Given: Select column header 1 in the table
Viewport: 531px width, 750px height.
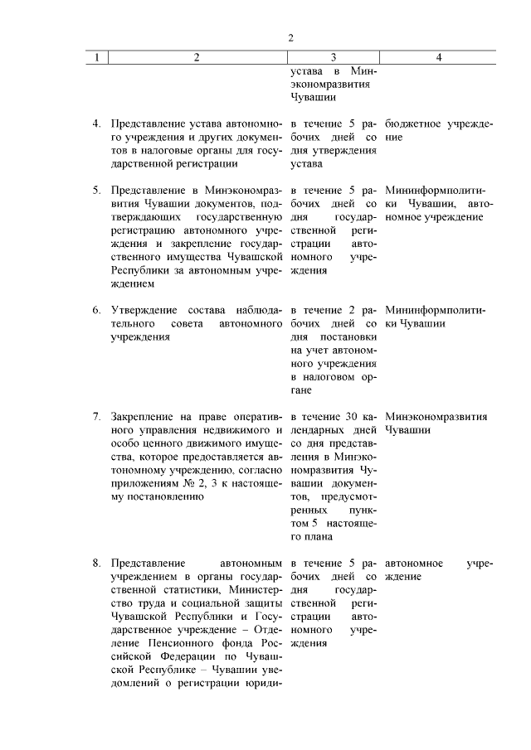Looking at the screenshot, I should pos(97,58).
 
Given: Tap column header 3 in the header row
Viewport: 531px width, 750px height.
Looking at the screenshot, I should pos(333,58).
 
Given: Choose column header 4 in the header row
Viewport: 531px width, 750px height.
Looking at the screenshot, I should pos(439,58).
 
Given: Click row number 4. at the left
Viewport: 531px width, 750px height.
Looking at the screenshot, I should pos(97,124).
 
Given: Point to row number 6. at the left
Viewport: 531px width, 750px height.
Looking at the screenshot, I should pos(97,309).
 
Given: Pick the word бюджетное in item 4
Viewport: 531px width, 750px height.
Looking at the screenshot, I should pos(411,124).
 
